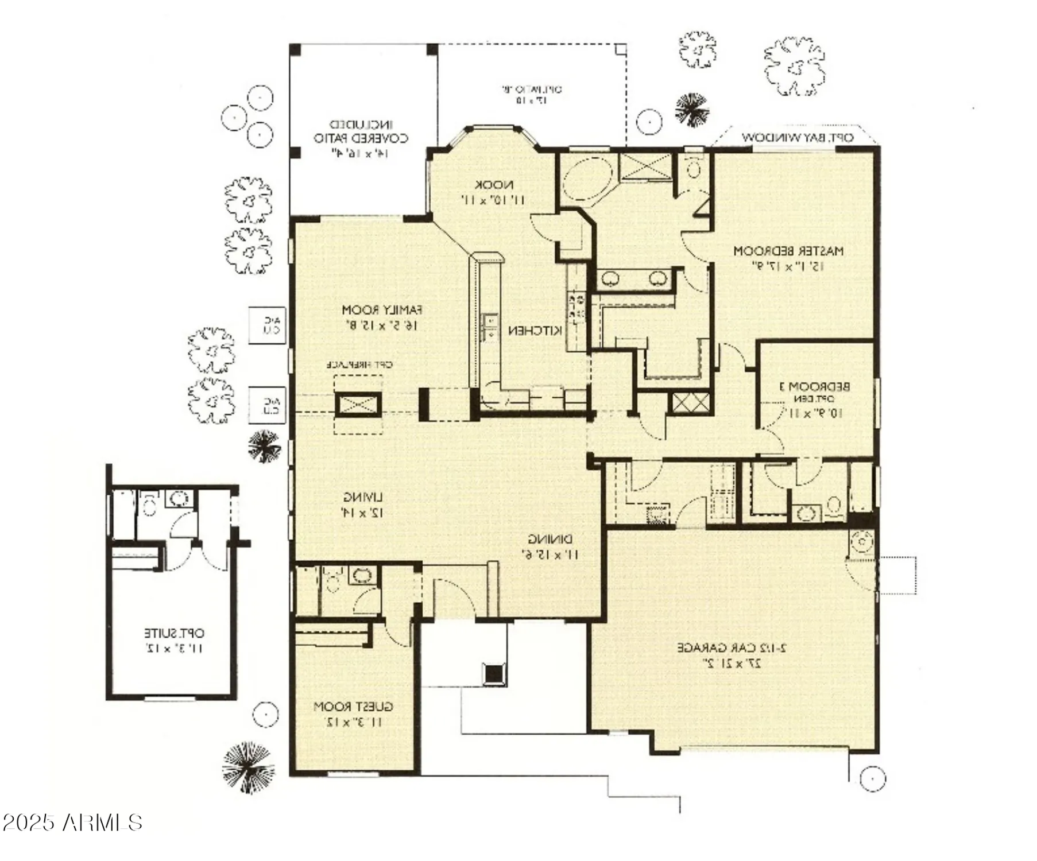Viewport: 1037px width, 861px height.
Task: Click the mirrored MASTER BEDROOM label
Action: tap(788, 251)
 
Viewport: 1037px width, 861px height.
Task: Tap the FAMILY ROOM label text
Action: tap(382, 311)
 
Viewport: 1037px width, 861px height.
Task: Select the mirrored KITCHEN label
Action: tap(535, 331)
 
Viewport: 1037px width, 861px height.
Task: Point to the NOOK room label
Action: tap(494, 185)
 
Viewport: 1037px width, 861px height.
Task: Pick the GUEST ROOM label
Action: tap(353, 707)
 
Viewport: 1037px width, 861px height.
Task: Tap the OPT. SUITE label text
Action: tap(173, 634)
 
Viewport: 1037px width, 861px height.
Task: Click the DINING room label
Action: tap(550, 540)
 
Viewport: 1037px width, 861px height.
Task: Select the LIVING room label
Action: tap(363, 498)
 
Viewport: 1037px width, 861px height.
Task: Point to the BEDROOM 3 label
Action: tap(814, 387)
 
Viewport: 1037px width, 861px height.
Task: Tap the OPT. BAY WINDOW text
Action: tap(798, 138)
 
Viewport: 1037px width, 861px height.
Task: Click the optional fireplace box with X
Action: tap(358, 405)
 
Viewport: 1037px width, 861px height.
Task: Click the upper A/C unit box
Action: tap(267, 325)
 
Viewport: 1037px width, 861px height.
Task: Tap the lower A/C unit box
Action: tap(267, 405)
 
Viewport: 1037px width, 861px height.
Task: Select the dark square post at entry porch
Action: tap(494, 674)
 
